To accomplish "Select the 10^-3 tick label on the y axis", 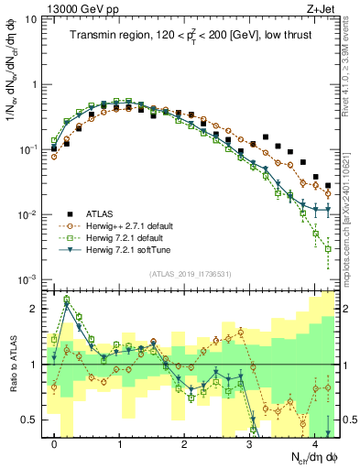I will click(x=27, y=278).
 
